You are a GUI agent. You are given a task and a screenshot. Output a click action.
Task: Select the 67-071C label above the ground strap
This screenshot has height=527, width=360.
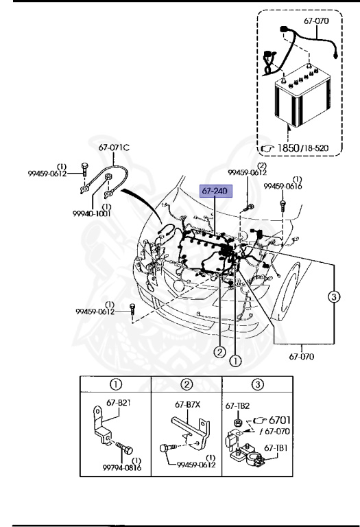(115, 148)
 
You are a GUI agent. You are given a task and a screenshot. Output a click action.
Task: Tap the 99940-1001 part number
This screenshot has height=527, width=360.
(92, 213)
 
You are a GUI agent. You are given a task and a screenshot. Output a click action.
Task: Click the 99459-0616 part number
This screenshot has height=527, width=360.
(283, 186)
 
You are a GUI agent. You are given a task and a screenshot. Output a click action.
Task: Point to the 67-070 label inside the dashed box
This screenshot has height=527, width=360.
(316, 21)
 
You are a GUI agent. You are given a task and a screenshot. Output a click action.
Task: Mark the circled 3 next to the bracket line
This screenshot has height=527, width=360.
(333, 296)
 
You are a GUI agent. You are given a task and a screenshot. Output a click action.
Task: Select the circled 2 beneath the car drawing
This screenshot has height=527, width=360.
(219, 352)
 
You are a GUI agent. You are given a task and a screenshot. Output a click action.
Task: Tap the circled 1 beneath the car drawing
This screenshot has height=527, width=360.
(235, 361)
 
